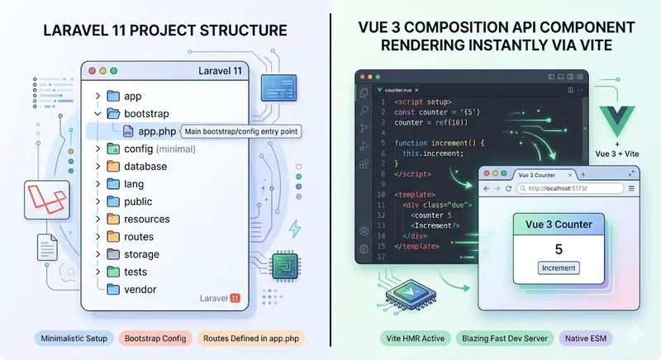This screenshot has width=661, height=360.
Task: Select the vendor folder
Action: click(140, 289)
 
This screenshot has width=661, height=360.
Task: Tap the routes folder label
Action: click(139, 237)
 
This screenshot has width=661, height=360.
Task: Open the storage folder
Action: click(141, 254)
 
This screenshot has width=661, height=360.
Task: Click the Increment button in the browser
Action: click(559, 268)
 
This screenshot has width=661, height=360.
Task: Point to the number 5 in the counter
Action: click(559, 249)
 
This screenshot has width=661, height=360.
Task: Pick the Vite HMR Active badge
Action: click(416, 339)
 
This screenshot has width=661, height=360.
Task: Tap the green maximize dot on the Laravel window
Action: click(113, 72)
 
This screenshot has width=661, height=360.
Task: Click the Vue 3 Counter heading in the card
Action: click(559, 224)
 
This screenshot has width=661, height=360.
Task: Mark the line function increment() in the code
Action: click(438, 143)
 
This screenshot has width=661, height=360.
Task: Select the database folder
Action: click(145, 166)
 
